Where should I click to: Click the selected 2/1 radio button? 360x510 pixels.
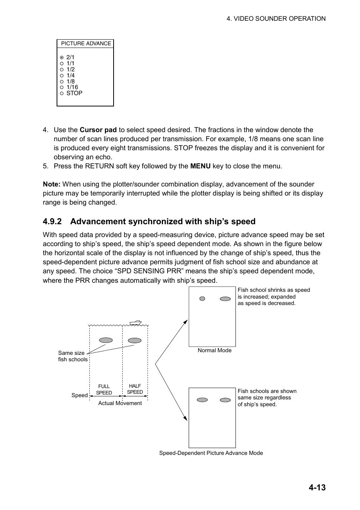(62, 58)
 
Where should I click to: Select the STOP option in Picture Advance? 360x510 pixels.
(62, 93)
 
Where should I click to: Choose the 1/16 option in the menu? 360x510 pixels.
(62, 87)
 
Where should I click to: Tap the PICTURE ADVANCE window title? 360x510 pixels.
(86, 44)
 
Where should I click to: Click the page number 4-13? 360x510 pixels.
(317, 487)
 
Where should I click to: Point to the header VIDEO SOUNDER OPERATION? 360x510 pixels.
(276, 18)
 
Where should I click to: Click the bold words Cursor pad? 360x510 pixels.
(98, 130)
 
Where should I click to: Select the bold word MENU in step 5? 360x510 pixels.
(200, 166)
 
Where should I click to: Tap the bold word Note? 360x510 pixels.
(52, 184)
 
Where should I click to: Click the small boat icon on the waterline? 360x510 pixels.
(135, 323)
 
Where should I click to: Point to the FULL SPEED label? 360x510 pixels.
(104, 390)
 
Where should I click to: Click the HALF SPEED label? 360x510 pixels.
(135, 389)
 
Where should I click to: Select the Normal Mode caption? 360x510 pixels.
(214, 350)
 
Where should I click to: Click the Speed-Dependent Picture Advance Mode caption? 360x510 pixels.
(211, 453)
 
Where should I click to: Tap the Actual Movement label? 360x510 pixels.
(120, 403)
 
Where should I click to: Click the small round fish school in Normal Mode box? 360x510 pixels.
(202, 299)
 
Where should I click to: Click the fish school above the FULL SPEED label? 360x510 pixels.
(106, 340)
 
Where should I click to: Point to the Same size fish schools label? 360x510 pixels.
(72, 356)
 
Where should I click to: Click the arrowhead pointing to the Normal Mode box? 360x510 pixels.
(186, 322)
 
